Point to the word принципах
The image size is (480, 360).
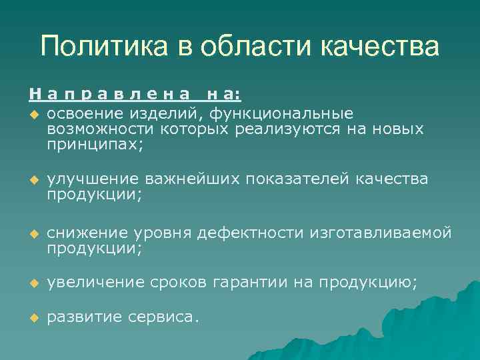click(93, 143)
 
